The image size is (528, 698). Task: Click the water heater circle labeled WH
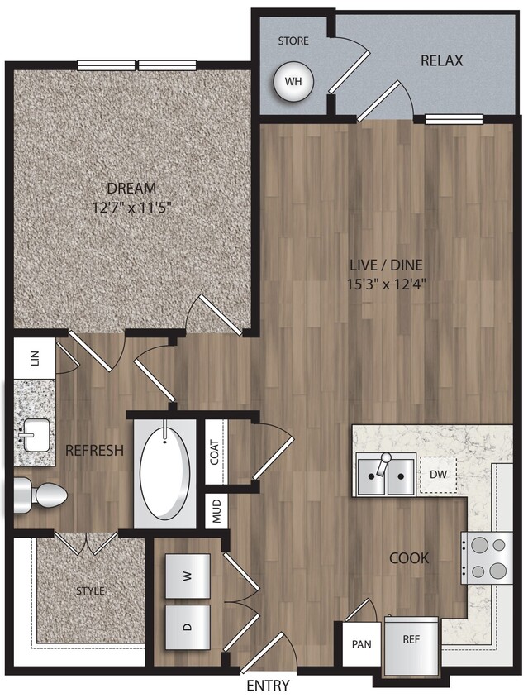pyautogui.click(x=292, y=82)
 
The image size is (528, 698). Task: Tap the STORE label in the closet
pyautogui.click(x=293, y=40)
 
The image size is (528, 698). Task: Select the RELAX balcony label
pyautogui.click(x=441, y=60)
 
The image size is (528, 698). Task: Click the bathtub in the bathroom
pyautogui.click(x=165, y=471)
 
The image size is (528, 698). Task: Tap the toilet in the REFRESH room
pyautogui.click(x=42, y=495)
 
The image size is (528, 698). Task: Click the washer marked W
pyautogui.click(x=188, y=576)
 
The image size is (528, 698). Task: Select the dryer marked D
pyautogui.click(x=188, y=627)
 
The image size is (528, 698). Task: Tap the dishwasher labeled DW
pyautogui.click(x=438, y=474)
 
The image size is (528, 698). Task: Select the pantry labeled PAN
pyautogui.click(x=361, y=643)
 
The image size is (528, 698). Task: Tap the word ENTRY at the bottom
pyautogui.click(x=268, y=686)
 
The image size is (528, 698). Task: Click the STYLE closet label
pyautogui.click(x=90, y=590)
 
